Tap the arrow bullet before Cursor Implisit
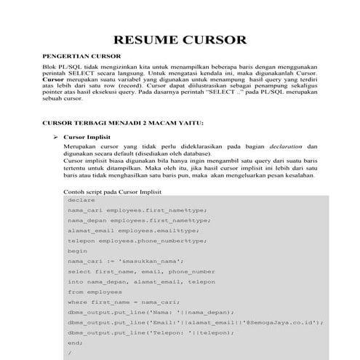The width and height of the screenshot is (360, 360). pos(55,136)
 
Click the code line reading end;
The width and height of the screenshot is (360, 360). pos(74,342)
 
